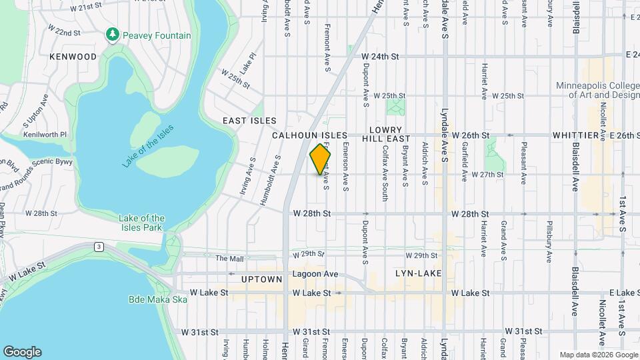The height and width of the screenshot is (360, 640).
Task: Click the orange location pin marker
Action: [321, 159]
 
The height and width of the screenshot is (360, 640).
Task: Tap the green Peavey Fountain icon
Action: [113, 35]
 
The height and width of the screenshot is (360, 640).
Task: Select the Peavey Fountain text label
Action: [156, 35]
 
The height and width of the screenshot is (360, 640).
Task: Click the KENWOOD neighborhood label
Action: [73, 57]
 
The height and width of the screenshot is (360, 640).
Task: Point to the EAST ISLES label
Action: [249, 121]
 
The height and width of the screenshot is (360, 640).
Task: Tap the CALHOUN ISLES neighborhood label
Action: [309, 135]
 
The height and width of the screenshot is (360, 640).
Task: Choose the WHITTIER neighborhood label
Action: [575, 135]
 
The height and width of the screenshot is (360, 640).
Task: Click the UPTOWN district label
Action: [262, 279]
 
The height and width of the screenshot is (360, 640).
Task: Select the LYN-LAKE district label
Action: [415, 273]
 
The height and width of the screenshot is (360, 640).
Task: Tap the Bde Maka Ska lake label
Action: [157, 299]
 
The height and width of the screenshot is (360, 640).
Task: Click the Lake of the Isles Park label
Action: [141, 223]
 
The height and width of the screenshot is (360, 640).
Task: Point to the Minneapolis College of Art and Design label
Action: [598, 90]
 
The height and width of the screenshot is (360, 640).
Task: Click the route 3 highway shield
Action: [98, 247]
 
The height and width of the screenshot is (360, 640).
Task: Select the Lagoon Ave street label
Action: [313, 274]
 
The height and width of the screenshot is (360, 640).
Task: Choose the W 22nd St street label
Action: [63, 31]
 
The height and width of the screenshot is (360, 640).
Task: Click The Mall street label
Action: [230, 258]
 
